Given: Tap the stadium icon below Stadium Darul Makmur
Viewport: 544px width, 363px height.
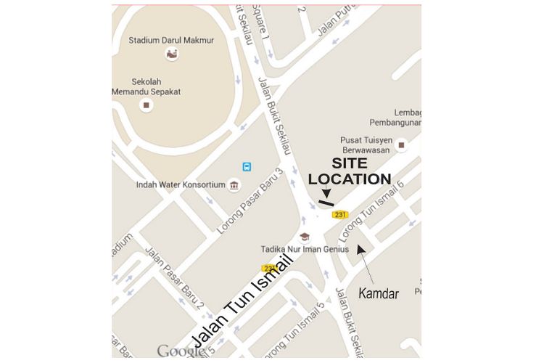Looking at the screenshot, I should tap(172, 54).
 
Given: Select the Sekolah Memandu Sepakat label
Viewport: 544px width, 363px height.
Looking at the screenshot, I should tap(147, 86).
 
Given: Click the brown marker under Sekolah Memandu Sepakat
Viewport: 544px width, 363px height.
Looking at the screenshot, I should tap(147, 105).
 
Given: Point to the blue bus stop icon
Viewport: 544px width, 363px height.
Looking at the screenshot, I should tap(247, 166).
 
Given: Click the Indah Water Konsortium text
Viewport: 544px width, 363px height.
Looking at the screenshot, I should tap(181, 185).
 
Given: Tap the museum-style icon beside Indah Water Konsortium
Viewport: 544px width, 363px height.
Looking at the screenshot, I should tap(234, 185).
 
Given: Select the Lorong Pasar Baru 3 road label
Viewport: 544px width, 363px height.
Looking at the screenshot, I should tap(249, 201).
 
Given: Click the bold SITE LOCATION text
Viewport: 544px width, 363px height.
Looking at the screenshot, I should tap(350, 171).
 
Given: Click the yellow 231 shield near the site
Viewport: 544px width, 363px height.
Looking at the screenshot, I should tap(340, 214).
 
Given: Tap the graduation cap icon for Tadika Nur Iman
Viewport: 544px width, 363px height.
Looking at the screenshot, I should tap(305, 237).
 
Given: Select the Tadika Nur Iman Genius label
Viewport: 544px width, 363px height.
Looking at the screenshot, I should tap(305, 249).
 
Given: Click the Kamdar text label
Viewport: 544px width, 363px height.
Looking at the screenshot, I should tap(379, 294).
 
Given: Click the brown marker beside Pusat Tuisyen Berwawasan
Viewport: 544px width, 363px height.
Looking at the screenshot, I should tap(400, 147).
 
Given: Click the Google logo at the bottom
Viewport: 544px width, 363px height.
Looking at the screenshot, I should tap(181, 351).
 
